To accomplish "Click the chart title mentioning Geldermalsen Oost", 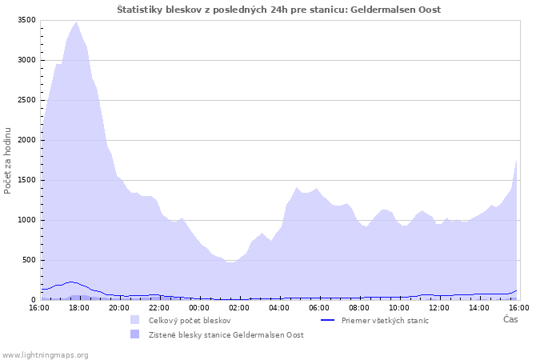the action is (x=279, y=10).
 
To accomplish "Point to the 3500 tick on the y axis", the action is (x=26, y=20).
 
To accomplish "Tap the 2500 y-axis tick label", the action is (x=26, y=100).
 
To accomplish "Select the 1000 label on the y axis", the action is (x=26, y=220).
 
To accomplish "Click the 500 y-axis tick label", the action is (x=29, y=260).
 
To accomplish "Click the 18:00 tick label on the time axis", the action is (x=79, y=308).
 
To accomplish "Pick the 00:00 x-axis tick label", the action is (x=199, y=308).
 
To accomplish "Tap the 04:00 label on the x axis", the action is (x=279, y=308).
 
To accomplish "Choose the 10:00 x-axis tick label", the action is (x=399, y=308).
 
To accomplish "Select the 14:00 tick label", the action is (x=479, y=308).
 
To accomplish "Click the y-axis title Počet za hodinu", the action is (x=7, y=161).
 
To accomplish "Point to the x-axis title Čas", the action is (x=510, y=319).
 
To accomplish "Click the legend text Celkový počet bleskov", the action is (x=190, y=321).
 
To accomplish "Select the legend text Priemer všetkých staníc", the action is (x=385, y=321).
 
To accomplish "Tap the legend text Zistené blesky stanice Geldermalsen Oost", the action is (x=226, y=335).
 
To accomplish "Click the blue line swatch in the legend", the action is (x=327, y=320).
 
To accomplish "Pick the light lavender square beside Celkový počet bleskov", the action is (x=134, y=320).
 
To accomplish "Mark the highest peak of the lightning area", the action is (x=76, y=22).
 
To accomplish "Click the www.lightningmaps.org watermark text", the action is (x=44, y=355).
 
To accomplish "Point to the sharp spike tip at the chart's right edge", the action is (x=516, y=161).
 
